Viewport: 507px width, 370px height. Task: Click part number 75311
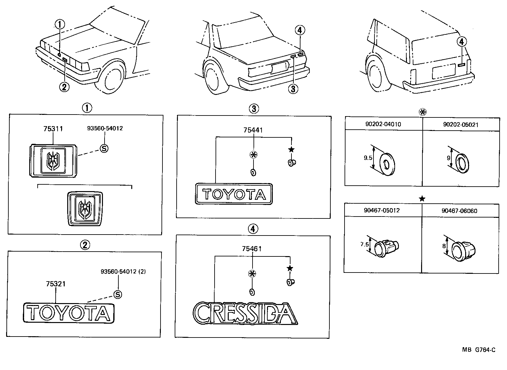(53, 129)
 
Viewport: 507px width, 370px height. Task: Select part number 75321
(56, 284)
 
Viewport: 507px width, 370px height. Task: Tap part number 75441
(253, 130)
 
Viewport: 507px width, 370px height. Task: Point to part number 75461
(252, 249)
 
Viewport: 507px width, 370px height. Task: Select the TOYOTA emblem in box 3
(234, 194)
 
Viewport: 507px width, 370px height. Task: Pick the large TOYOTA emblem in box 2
(69, 312)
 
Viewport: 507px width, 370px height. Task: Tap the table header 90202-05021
(461, 125)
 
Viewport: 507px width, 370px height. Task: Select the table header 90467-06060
(459, 211)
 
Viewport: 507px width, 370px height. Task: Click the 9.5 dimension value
(368, 158)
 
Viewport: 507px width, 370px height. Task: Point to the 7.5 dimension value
(364, 245)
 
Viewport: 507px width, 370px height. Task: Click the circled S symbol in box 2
(118, 294)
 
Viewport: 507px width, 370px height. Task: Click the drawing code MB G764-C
(479, 350)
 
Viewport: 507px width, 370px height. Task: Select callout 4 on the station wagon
(461, 42)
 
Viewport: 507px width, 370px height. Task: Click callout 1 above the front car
(60, 24)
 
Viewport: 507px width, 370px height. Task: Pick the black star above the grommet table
(422, 199)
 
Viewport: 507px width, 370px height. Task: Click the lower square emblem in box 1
(85, 208)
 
